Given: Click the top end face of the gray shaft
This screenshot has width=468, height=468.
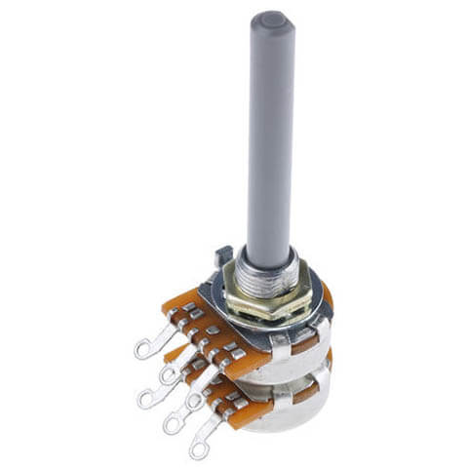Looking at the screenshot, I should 271,19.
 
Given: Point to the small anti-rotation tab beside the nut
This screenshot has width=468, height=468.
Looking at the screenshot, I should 221,257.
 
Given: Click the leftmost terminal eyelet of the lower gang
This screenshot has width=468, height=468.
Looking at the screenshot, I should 148,396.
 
